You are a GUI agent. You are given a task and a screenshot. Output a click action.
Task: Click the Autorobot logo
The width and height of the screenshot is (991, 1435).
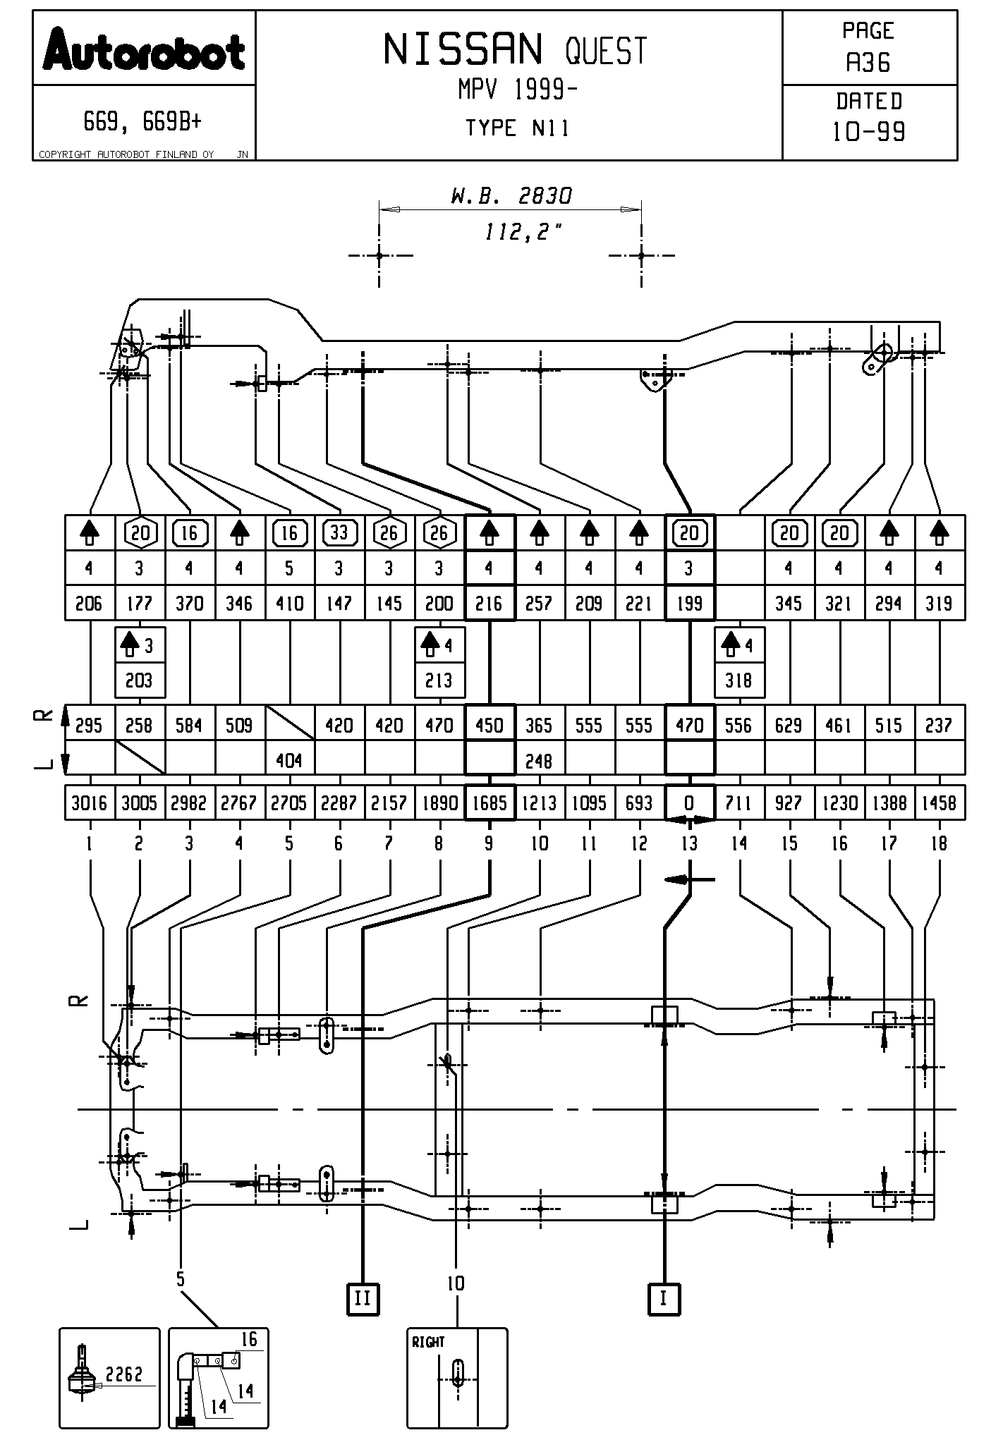(x=144, y=50)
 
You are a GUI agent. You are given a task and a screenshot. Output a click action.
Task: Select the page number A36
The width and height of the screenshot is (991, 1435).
(x=868, y=63)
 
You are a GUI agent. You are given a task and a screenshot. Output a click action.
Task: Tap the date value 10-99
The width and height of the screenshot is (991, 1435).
(x=868, y=132)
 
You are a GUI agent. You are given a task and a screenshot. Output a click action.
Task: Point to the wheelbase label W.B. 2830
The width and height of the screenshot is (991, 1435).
(x=511, y=195)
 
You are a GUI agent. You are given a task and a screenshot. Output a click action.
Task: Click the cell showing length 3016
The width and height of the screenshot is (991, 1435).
(x=89, y=803)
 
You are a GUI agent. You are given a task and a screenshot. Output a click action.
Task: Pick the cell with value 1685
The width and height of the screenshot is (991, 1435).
(x=490, y=803)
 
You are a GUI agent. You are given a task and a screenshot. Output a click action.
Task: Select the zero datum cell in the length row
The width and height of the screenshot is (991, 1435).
(x=689, y=803)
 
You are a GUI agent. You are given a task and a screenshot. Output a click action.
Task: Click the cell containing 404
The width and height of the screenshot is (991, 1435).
(x=289, y=760)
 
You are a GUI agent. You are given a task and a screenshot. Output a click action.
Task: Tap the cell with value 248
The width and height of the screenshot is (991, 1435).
(x=540, y=760)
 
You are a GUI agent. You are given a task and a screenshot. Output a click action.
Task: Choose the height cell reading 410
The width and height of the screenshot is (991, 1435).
(x=289, y=604)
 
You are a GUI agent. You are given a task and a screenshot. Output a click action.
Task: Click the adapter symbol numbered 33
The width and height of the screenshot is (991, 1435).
(x=339, y=533)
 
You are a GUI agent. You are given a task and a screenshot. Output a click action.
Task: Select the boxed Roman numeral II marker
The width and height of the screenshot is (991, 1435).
(x=363, y=1298)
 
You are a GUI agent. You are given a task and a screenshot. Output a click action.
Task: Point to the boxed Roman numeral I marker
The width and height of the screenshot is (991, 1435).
(x=663, y=1298)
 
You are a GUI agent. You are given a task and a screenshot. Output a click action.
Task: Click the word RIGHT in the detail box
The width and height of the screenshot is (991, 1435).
(x=428, y=1342)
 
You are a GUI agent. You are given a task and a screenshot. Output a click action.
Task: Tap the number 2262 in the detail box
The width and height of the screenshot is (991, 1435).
(x=124, y=1374)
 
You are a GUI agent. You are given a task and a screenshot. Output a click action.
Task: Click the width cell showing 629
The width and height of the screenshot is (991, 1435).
(x=789, y=725)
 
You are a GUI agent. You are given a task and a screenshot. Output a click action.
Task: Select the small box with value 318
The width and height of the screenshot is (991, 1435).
(x=738, y=680)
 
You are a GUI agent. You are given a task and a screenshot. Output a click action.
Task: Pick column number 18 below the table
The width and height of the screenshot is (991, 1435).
(x=939, y=843)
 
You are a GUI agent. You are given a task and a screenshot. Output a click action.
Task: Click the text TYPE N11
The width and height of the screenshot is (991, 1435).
(x=517, y=128)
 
